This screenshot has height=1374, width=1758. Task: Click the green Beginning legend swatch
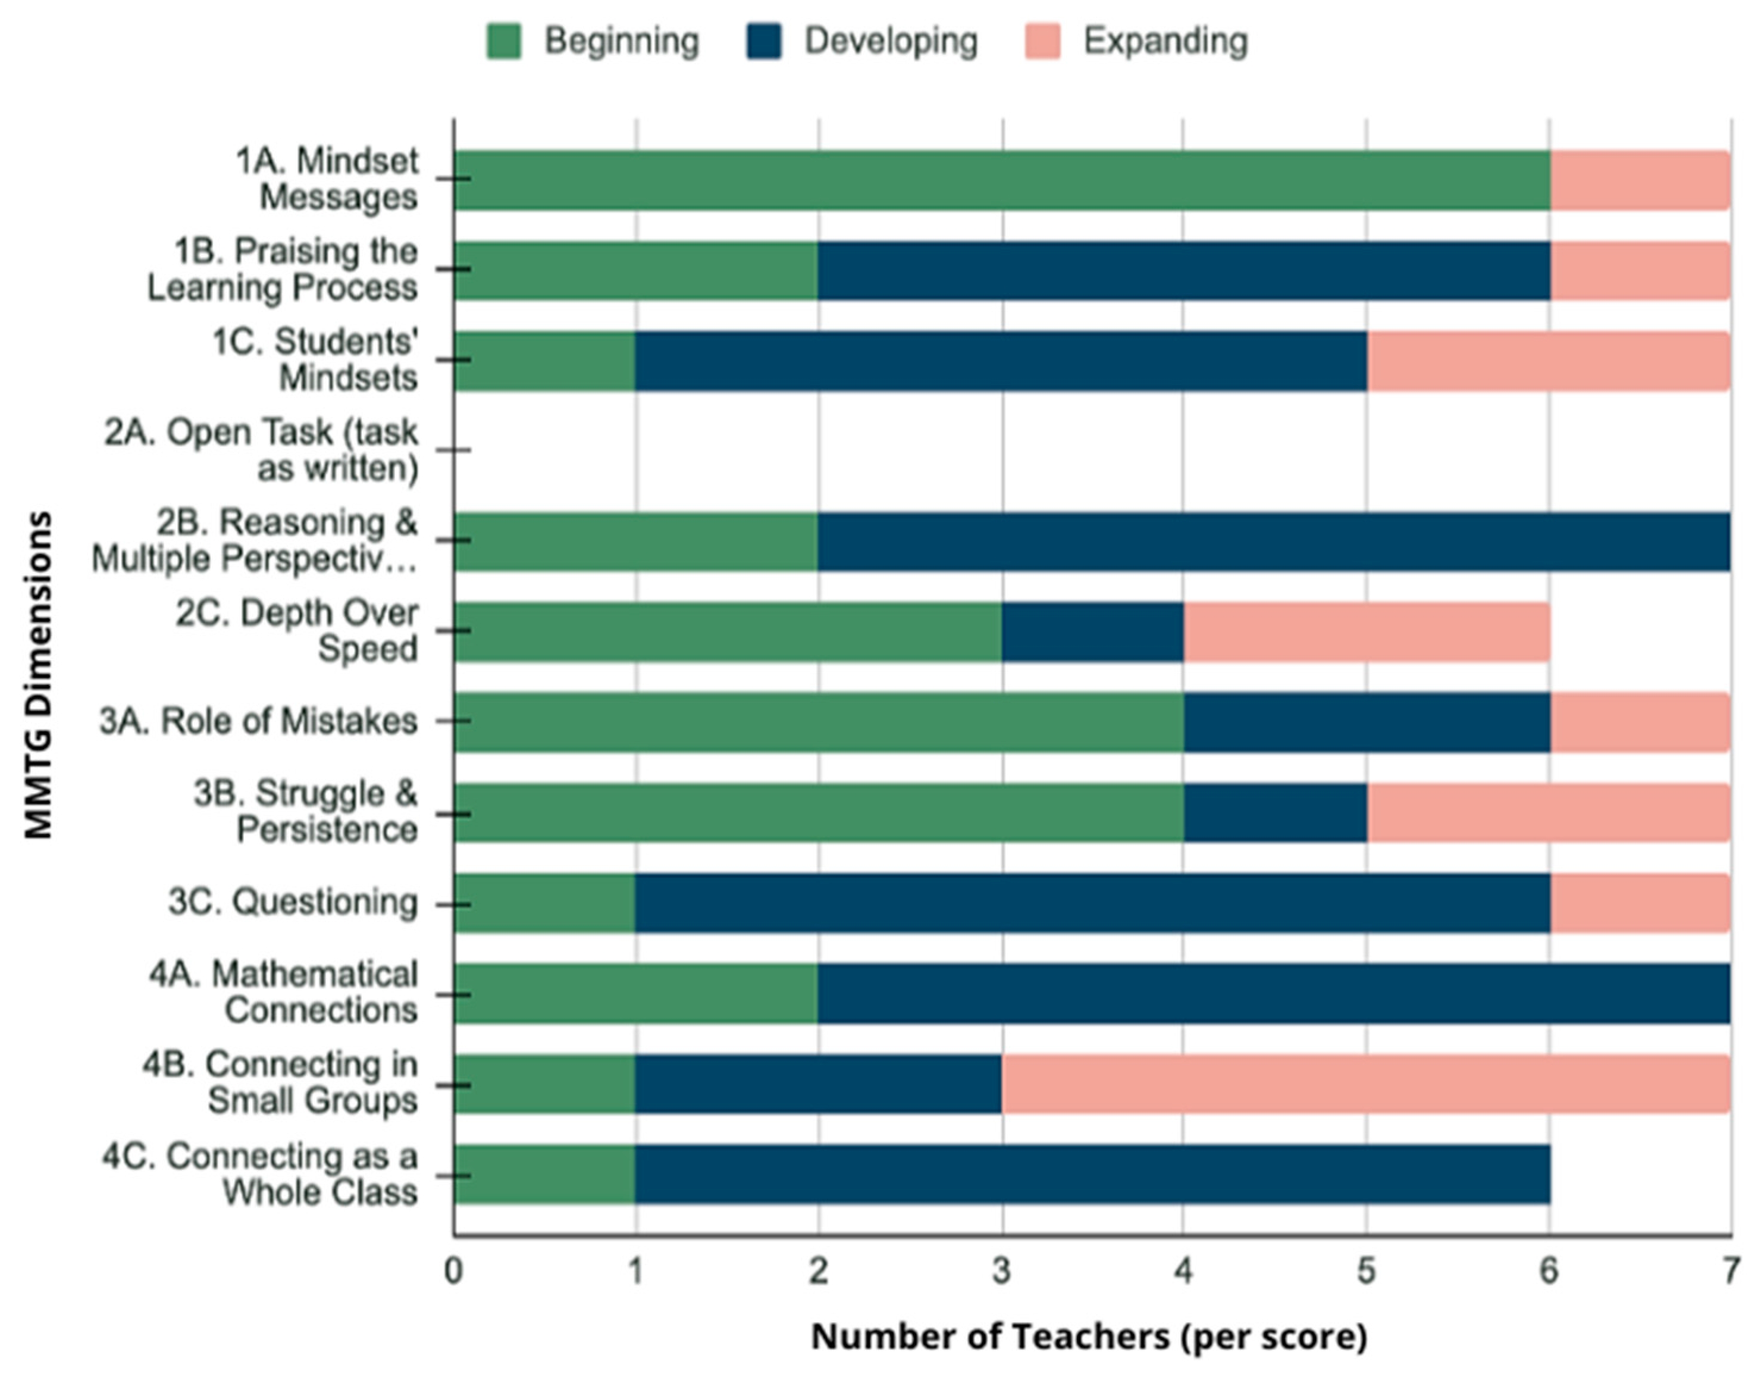click(504, 41)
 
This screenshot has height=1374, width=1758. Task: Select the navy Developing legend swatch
click(763, 41)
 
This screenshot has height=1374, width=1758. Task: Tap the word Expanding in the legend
click(1165, 41)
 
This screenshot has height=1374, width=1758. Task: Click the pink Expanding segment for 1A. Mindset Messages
click(1640, 180)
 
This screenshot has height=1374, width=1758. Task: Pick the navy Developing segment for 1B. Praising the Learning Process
click(1184, 271)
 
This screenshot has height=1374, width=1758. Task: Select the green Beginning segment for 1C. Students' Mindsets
click(544, 361)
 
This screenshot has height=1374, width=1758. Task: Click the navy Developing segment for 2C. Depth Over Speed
click(1092, 632)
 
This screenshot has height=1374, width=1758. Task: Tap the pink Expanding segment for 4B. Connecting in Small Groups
click(1365, 1084)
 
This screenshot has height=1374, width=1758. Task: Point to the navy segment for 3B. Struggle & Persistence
click(1275, 813)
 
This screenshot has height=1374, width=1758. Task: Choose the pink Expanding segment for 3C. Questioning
click(1640, 903)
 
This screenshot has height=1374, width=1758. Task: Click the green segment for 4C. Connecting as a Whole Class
click(544, 1175)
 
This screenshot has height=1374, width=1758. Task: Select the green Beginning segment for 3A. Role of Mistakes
click(818, 722)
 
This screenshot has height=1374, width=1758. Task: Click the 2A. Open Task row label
click(261, 450)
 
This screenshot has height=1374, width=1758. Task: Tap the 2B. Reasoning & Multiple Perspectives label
click(255, 541)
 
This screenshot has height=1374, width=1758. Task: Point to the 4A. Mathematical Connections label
click(283, 993)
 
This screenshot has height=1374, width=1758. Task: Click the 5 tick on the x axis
click(1365, 1271)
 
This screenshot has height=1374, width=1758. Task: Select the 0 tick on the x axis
click(453, 1271)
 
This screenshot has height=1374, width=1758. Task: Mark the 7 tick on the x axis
click(1729, 1271)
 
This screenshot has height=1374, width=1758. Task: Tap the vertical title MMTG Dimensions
click(38, 675)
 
